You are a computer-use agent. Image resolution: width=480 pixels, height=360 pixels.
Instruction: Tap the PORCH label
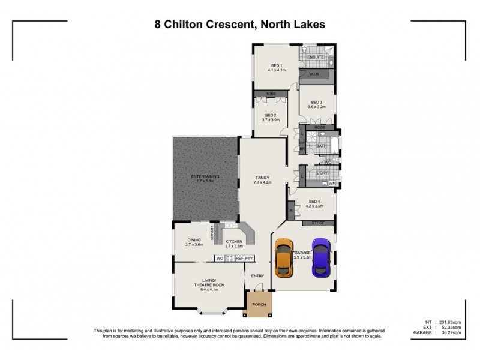pos(259,305)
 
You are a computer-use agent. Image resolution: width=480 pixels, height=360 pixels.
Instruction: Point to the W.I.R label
pos(314,74)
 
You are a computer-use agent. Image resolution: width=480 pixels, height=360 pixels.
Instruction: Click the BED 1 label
pos(277,65)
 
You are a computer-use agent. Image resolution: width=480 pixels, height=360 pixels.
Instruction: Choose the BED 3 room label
pos(316,102)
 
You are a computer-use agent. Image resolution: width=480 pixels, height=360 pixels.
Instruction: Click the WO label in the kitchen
pos(220,258)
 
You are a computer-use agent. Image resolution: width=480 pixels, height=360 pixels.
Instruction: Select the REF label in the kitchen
pos(239,258)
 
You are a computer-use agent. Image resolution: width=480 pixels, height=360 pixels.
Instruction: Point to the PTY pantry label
pos(250,258)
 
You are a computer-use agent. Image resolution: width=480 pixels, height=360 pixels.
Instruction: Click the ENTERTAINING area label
pos(205,176)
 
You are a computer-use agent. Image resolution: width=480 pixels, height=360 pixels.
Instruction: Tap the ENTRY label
pos(257,276)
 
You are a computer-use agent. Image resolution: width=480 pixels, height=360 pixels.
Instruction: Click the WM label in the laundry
pos(332,184)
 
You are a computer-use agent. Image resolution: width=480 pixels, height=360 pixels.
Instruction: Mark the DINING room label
pos(193,239)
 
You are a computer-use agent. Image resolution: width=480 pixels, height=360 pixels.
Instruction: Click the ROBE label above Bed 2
pos(265,94)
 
